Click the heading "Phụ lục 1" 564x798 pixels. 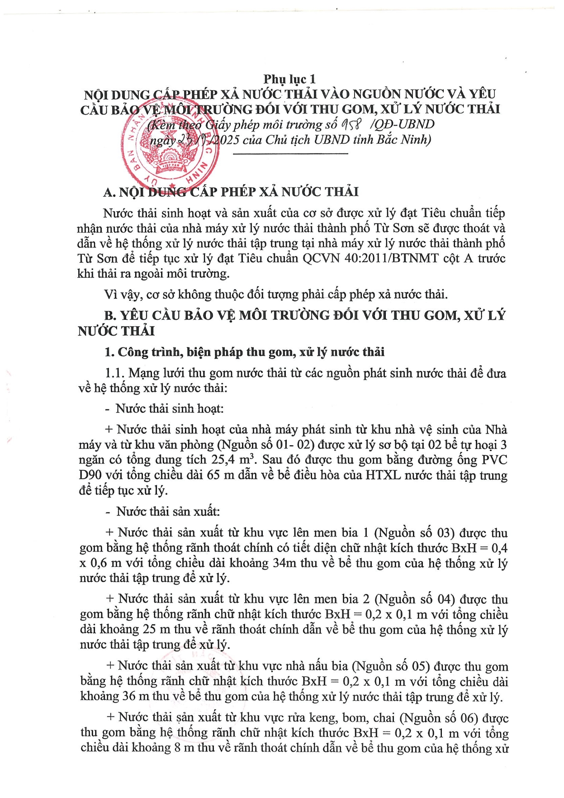coord(289,80)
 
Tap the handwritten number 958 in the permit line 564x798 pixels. coord(351,124)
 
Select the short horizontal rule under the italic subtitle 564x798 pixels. coord(290,154)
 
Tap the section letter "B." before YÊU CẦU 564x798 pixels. coord(110,316)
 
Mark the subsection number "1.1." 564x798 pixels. coord(115,373)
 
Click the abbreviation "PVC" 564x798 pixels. coord(494,460)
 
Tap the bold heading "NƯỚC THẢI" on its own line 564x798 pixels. coord(116,332)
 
